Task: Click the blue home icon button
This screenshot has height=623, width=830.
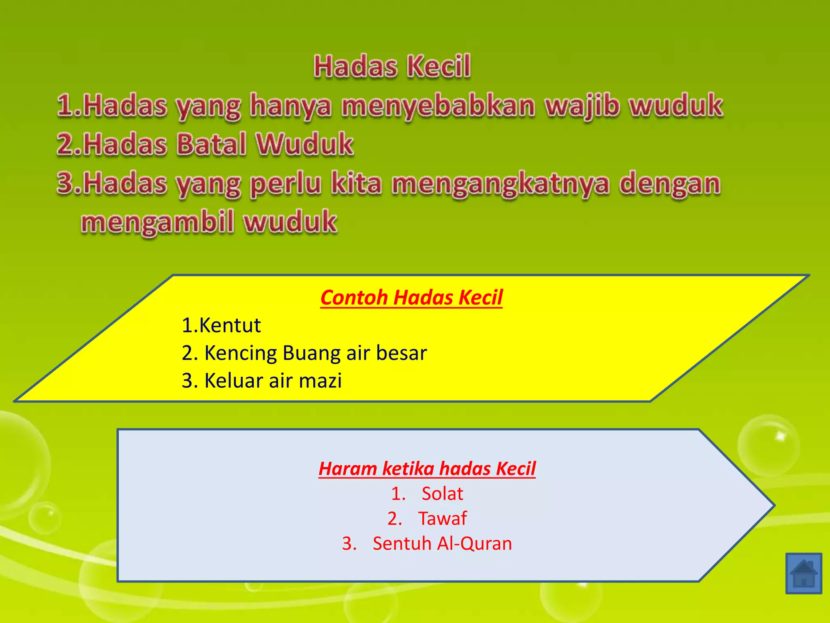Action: click(803, 573)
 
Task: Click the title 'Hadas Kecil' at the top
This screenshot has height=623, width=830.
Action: click(392, 66)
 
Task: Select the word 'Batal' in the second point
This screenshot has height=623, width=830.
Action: click(212, 144)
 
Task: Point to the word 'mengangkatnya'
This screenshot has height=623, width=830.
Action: click(501, 183)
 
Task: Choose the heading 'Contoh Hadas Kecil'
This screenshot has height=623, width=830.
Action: click(411, 297)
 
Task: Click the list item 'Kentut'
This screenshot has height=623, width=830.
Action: click(230, 325)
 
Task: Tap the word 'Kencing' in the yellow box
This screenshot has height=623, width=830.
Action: click(241, 353)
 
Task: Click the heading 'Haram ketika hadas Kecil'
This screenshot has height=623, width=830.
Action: click(427, 469)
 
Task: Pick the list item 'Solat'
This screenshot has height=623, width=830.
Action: click(442, 494)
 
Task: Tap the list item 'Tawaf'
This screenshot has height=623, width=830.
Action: click(442, 519)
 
